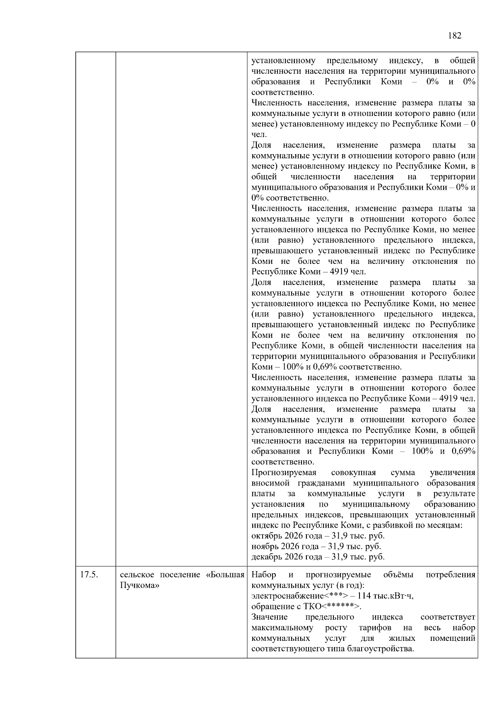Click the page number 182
tap(454, 36)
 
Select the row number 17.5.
tap(88, 575)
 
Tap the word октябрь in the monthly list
tap(265, 536)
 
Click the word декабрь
tap(266, 557)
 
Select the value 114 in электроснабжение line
tap(364, 596)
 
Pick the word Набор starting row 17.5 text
tap(263, 575)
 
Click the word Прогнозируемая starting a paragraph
tap(284, 473)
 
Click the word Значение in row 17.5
tap(269, 617)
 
